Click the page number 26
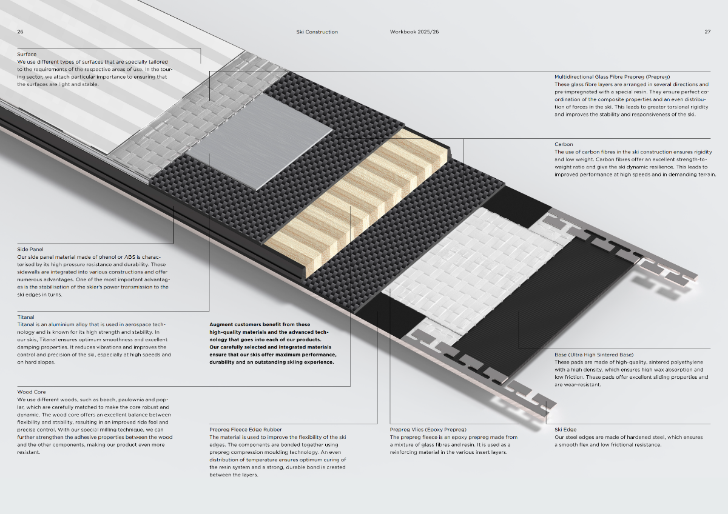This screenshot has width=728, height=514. coord(20,32)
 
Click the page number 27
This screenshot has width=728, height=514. coord(707,32)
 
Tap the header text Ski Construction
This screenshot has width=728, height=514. coord(317,32)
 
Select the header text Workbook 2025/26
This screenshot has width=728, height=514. coord(414,32)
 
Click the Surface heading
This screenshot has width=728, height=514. coord(27,54)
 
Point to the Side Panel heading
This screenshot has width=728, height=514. coord(30,249)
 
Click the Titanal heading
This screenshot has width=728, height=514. coord(25,317)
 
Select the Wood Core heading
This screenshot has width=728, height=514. coord(32,392)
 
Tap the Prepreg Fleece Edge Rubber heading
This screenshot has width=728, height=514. coord(245,430)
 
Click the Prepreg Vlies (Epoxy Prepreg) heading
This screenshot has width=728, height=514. coord(428,430)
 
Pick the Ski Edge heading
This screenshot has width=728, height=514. coord(565,430)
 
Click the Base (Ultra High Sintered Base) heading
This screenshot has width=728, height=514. coord(594,355)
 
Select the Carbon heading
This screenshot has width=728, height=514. coord(564,144)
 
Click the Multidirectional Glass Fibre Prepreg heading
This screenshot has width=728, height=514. coord(612,77)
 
